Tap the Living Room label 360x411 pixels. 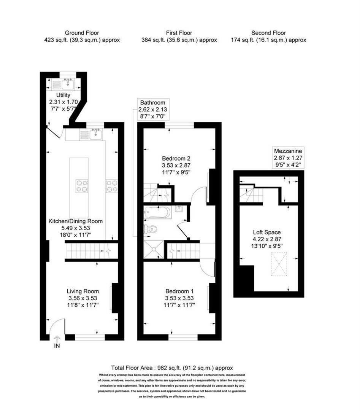tap(82, 298)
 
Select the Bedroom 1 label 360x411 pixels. tap(179, 298)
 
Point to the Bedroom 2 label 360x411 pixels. tap(176, 165)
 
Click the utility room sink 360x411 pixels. tap(69, 83)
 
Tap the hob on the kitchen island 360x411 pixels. tap(82, 186)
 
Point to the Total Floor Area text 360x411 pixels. tap(172, 368)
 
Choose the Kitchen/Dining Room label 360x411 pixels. tap(75, 227)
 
